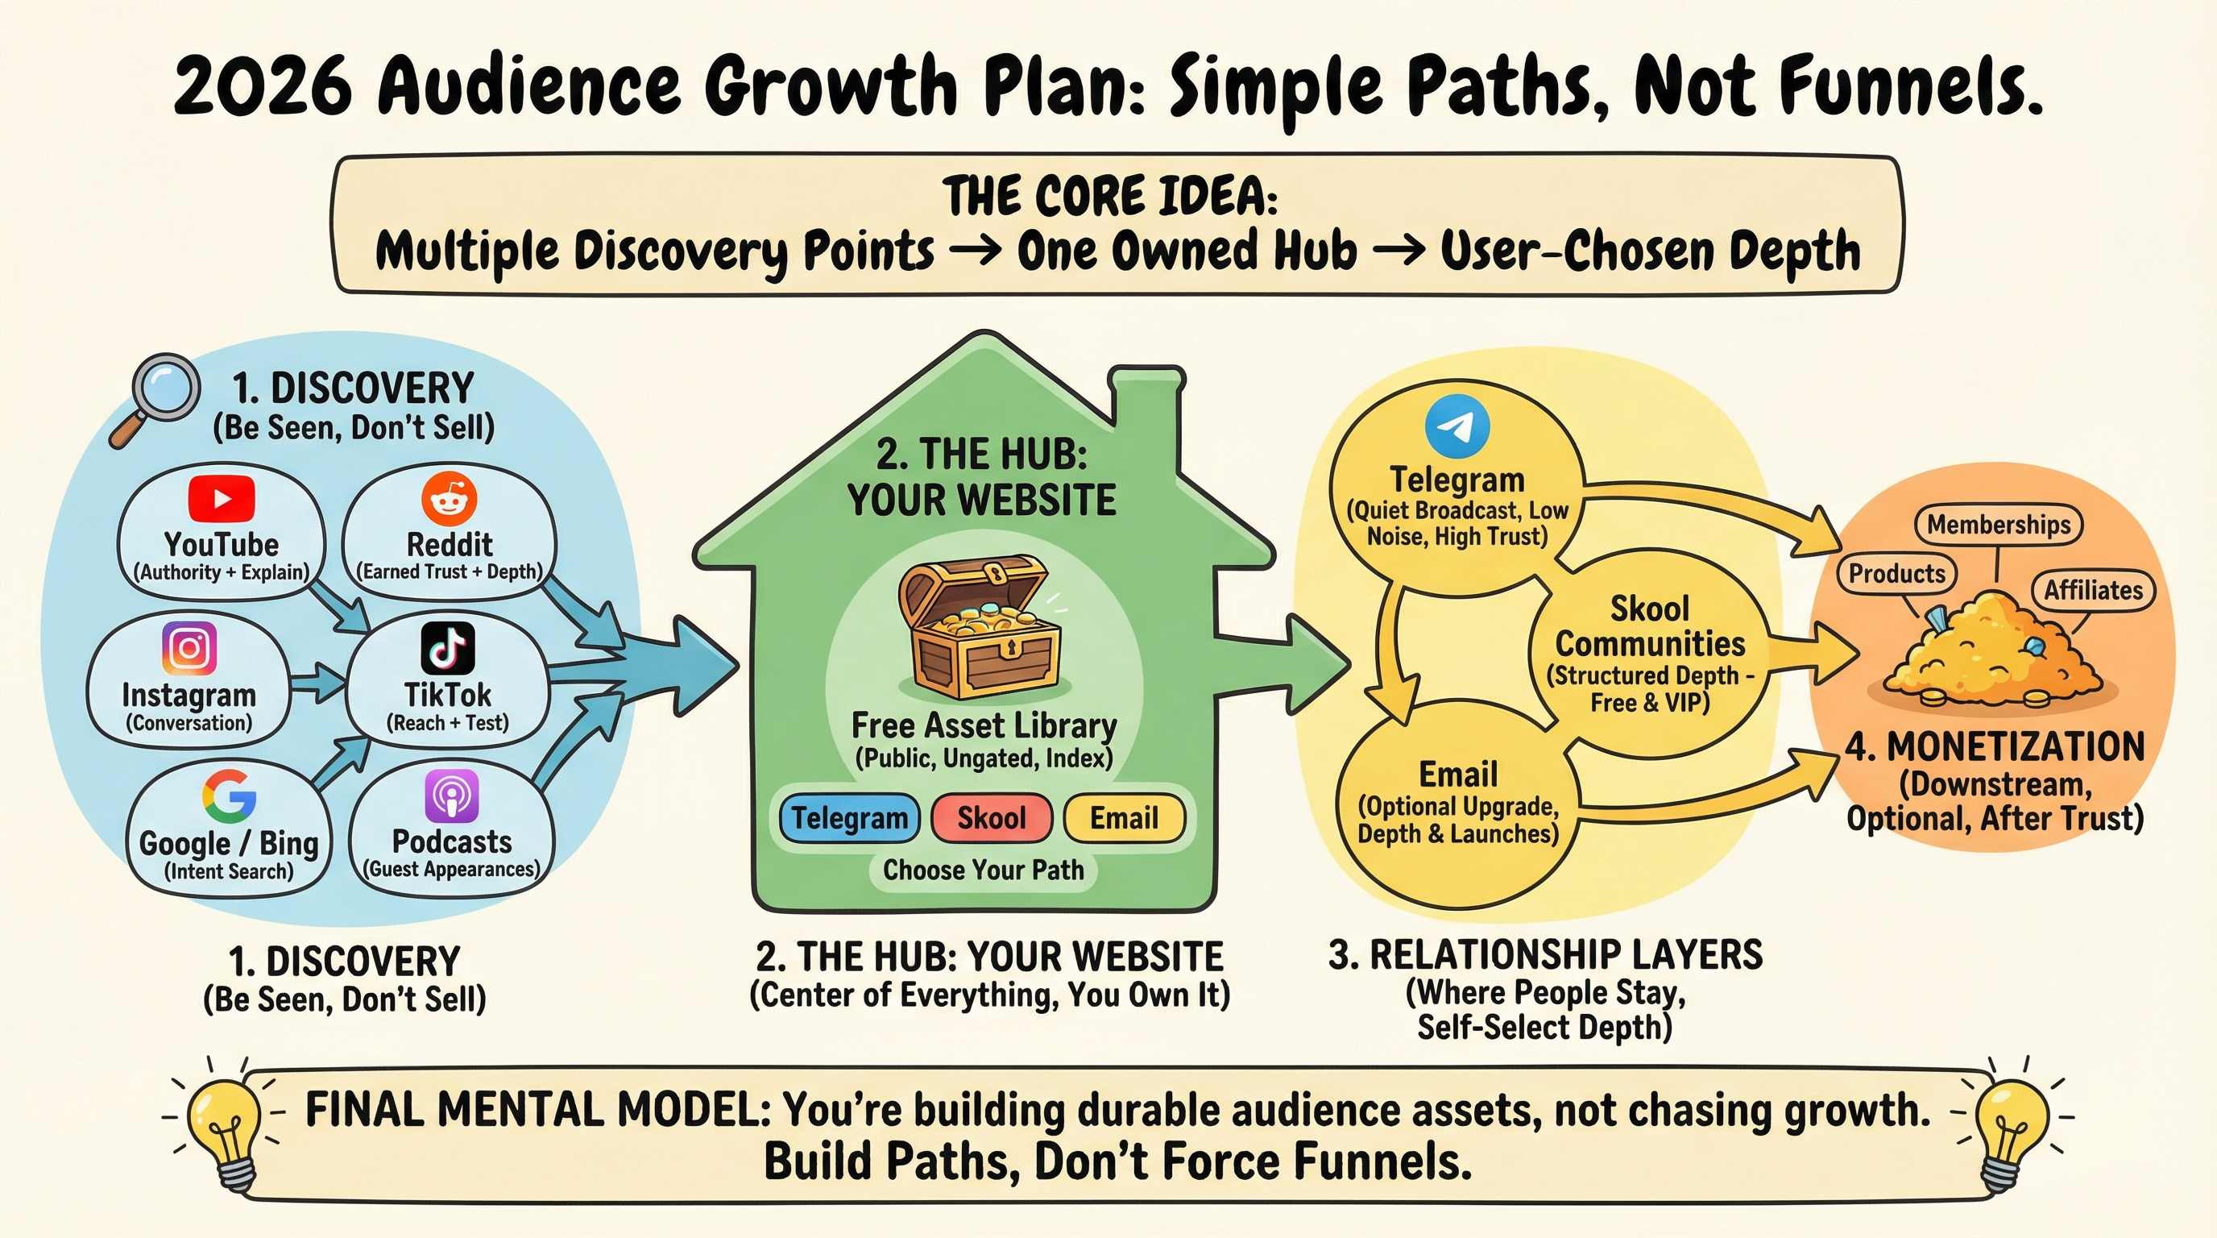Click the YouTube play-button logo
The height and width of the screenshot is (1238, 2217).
(x=222, y=498)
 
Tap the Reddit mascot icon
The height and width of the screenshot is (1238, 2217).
(x=449, y=496)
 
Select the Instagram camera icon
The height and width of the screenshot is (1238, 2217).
(x=189, y=647)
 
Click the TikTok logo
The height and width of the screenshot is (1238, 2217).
(x=448, y=648)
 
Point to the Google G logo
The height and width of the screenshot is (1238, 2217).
(x=229, y=796)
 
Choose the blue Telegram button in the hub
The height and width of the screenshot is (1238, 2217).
(x=848, y=818)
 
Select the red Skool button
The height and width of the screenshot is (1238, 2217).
(x=992, y=818)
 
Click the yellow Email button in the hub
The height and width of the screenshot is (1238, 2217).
(x=1124, y=818)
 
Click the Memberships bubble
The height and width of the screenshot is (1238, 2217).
(x=1998, y=525)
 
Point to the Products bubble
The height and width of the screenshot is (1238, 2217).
(x=1896, y=573)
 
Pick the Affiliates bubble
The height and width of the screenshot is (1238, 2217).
(x=2092, y=590)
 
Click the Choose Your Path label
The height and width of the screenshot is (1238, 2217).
(x=983, y=870)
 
